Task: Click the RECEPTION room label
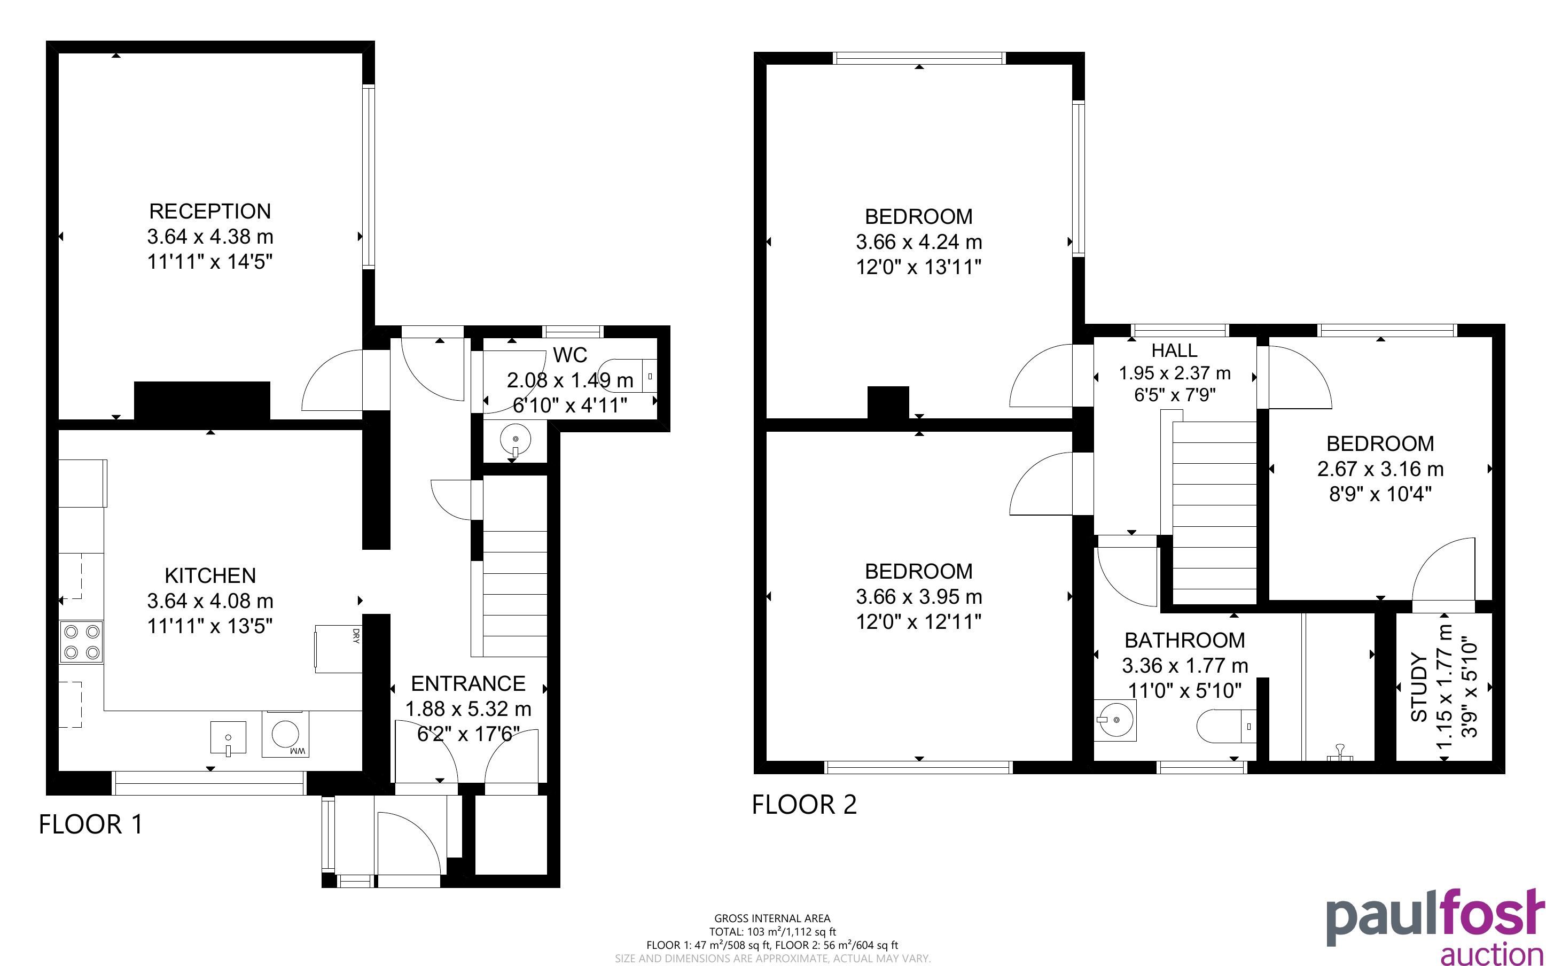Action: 210,212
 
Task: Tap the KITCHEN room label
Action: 210,575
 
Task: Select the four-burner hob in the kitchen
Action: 82,642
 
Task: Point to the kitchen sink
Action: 228,738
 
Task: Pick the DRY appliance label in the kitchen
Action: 356,636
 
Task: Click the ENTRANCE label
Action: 468,683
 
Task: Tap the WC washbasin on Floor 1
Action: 514,441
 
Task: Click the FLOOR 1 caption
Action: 91,824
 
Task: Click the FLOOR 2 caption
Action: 804,804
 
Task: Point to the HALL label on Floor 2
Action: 1174,350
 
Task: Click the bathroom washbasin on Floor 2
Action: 1115,720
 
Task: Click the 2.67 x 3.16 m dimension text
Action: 1380,469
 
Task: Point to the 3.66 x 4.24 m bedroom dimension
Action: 918,242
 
